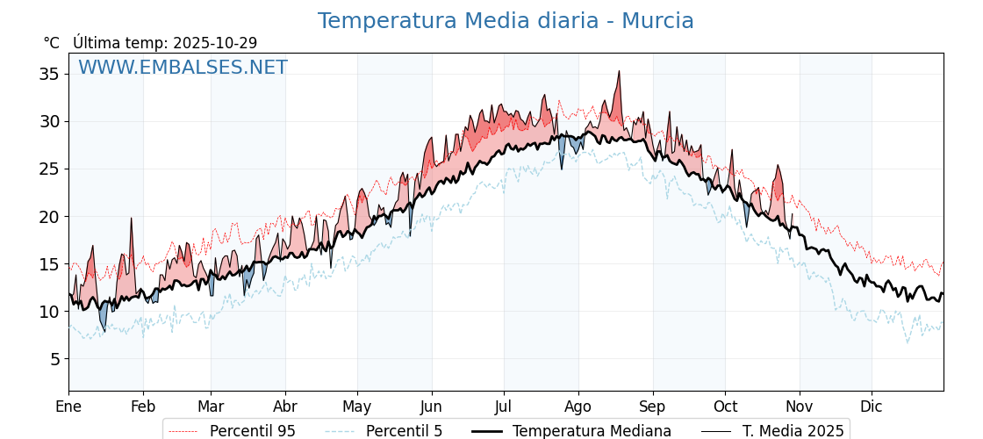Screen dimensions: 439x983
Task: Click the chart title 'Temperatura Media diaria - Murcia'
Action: tap(506, 21)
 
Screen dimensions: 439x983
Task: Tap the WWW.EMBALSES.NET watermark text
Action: tap(183, 68)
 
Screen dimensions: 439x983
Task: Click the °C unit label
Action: tap(51, 43)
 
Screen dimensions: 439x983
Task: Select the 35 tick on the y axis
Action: tap(49, 74)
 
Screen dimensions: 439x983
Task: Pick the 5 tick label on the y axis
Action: tap(54, 359)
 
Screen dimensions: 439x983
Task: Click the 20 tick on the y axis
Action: tap(49, 217)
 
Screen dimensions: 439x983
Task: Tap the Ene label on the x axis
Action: tap(68, 407)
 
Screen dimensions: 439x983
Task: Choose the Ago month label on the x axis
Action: tap(578, 407)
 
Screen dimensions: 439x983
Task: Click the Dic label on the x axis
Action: tap(872, 407)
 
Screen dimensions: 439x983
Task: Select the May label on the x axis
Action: tap(357, 407)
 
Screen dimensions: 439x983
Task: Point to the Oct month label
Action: tap(725, 407)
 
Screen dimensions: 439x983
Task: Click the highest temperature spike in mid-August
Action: tap(619, 72)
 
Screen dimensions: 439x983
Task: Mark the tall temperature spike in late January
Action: tap(131, 219)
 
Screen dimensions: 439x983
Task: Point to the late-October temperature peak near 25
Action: tap(777, 166)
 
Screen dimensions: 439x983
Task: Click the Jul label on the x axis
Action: tap(504, 407)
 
